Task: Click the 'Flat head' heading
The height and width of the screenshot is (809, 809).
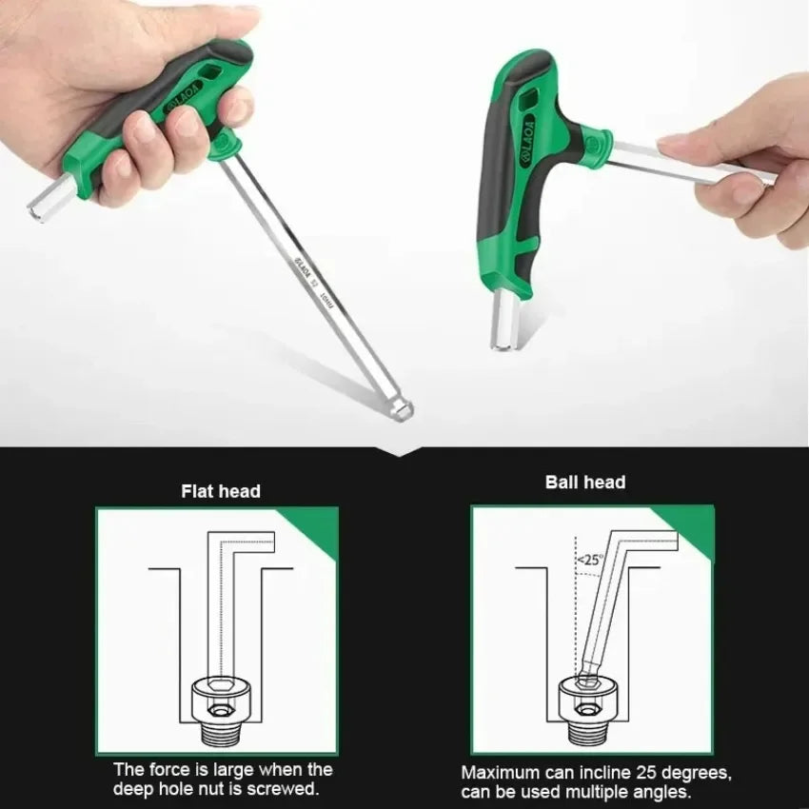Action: [x=221, y=492]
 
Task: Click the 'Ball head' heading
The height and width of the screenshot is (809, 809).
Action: [x=585, y=483]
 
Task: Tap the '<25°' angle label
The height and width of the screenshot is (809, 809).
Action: [x=590, y=561]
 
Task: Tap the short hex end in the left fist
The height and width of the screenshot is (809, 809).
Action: [x=45, y=197]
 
